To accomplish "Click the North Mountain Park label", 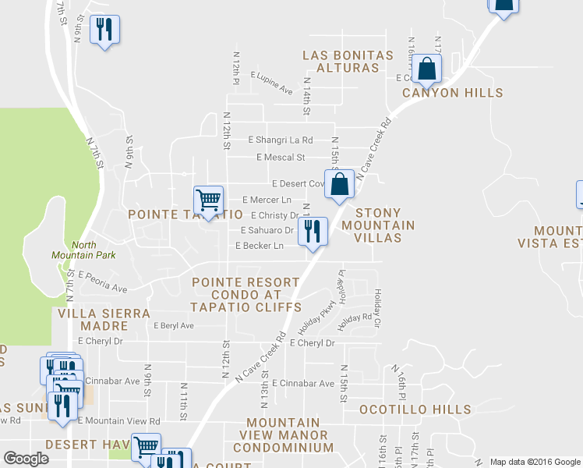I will [x=72, y=250].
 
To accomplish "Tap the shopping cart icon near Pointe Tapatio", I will [x=208, y=200].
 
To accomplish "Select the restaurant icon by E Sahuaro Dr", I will [x=313, y=231].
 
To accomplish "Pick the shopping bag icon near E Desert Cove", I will [x=340, y=185].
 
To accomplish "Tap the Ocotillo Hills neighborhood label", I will [x=415, y=409].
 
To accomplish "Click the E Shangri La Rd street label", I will [x=280, y=140].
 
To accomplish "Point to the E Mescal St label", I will [x=280, y=158].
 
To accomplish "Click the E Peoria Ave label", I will [x=102, y=282].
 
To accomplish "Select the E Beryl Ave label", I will [x=173, y=325].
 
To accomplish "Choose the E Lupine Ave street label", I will [x=271, y=83].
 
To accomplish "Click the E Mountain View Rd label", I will [x=118, y=421].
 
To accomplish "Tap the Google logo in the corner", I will [x=26, y=459].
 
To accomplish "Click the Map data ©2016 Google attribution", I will [x=535, y=462].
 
